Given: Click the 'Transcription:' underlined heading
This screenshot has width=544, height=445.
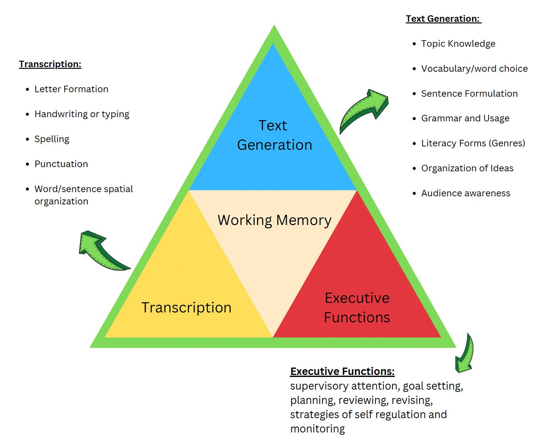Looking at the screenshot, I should click(x=50, y=64).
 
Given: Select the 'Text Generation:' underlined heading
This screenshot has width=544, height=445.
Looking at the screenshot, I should click(x=443, y=19).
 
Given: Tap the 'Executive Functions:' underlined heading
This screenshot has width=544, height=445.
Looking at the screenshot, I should click(x=342, y=372).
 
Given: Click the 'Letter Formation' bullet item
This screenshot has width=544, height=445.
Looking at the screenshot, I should click(x=71, y=89).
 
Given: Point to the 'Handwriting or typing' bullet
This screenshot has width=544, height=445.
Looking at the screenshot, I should click(x=81, y=114).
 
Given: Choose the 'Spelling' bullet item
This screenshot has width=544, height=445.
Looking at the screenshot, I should click(x=52, y=139).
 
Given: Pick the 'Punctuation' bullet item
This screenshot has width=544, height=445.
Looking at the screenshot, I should click(x=61, y=164).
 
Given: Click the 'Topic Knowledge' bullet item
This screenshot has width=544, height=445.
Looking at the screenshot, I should click(x=458, y=44).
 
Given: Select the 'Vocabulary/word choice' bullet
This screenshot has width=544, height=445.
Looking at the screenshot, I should click(x=474, y=69).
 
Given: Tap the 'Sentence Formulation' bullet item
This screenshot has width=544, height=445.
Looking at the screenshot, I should click(x=469, y=94).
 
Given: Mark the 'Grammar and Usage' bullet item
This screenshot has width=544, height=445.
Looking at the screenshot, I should click(x=465, y=118).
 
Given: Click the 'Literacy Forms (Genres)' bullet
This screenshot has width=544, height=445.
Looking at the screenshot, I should click(x=473, y=144).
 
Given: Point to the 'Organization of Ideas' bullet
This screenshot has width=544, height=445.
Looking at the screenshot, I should click(x=467, y=168).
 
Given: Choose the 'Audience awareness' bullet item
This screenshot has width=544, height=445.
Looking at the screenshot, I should click(x=465, y=193).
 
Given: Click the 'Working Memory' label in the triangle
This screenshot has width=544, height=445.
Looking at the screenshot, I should click(x=274, y=220).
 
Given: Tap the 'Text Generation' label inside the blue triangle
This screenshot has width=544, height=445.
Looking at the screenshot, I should click(x=274, y=135).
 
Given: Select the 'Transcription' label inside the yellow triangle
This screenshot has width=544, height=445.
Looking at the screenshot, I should click(x=186, y=308).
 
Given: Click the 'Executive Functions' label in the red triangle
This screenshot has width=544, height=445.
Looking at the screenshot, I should click(x=357, y=308).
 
